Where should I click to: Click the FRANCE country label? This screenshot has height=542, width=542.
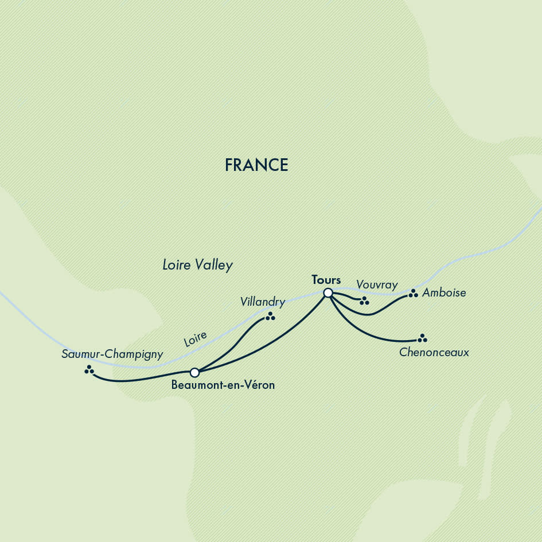(x=256, y=165)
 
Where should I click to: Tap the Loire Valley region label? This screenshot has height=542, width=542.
(x=197, y=265)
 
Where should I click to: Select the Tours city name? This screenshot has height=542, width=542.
(x=326, y=280)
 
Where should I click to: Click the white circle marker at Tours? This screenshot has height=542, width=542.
(x=328, y=293)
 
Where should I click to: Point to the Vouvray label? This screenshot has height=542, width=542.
(x=377, y=285)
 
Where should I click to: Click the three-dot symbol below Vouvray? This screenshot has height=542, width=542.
(x=364, y=301)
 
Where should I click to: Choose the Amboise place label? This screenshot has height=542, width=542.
(x=444, y=293)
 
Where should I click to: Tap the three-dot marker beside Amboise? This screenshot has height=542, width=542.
(x=413, y=294)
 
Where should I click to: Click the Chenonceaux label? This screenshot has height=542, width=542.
(x=434, y=352)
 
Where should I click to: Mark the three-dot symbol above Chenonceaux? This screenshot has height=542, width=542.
(x=423, y=338)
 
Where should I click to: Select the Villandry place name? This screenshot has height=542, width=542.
(x=263, y=301)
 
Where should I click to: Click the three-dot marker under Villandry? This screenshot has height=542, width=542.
(x=270, y=316)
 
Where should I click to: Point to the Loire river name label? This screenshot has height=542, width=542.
(x=195, y=339)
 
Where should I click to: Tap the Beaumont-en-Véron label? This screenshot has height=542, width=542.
(x=223, y=385)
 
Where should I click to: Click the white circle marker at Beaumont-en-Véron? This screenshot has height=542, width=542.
(x=194, y=373)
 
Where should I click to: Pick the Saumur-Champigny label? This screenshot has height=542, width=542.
(x=112, y=354)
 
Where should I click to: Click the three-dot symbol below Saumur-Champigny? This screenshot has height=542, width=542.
(x=89, y=370)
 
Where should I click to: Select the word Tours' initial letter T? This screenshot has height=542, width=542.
(x=315, y=280)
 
